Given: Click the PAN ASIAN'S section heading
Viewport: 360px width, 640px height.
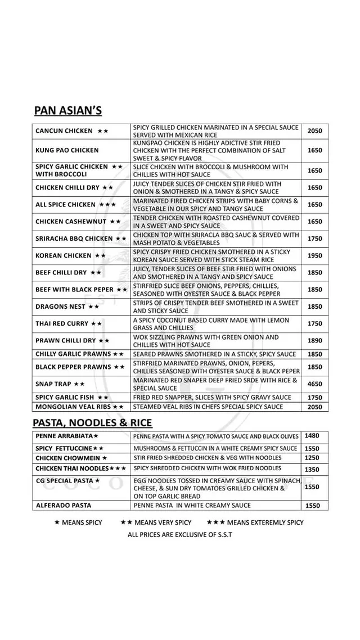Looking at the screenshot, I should click(x=67, y=109).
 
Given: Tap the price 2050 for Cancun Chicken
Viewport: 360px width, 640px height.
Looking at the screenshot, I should click(x=315, y=130).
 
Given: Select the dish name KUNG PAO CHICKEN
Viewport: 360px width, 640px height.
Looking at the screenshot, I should click(x=66, y=150).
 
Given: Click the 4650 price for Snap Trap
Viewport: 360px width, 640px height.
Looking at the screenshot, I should click(x=315, y=384).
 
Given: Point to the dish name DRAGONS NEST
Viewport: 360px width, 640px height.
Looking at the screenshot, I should click(x=60, y=307).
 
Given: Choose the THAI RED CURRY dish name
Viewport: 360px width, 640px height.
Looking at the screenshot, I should click(x=62, y=323).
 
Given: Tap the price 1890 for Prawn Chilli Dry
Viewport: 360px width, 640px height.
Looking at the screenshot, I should click(x=315, y=340).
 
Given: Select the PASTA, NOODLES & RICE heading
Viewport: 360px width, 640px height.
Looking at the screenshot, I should click(x=92, y=422).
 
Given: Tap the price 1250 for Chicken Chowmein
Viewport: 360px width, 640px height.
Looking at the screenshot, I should click(x=312, y=458).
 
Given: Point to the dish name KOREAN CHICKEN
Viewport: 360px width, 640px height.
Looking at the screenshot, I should click(x=63, y=255).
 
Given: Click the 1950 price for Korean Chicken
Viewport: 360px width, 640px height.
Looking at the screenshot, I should click(x=315, y=255).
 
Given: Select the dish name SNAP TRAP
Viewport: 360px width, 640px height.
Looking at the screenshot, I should click(x=53, y=384).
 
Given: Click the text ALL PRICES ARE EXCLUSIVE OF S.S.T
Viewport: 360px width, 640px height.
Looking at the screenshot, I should click(x=179, y=534).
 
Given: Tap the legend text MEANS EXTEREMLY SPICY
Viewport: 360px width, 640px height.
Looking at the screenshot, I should click(x=265, y=522).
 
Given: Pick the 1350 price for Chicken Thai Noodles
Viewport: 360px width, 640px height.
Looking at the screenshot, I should click(x=312, y=470).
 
